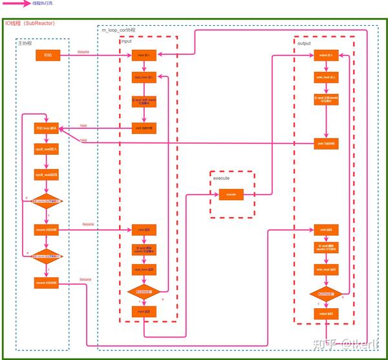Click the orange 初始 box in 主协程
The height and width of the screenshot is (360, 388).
48,56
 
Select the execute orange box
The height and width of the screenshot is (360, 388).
231,194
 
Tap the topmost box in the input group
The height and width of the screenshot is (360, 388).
143,56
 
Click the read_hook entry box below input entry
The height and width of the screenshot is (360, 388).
143,77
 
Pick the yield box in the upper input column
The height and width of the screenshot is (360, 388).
143,128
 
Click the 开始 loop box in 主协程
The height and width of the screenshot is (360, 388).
47,128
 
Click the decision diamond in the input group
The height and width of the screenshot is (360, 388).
143,292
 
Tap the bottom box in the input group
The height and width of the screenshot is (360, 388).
143,311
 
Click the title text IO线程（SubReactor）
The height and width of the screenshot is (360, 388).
30,23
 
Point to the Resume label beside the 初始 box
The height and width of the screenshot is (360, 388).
83,52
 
